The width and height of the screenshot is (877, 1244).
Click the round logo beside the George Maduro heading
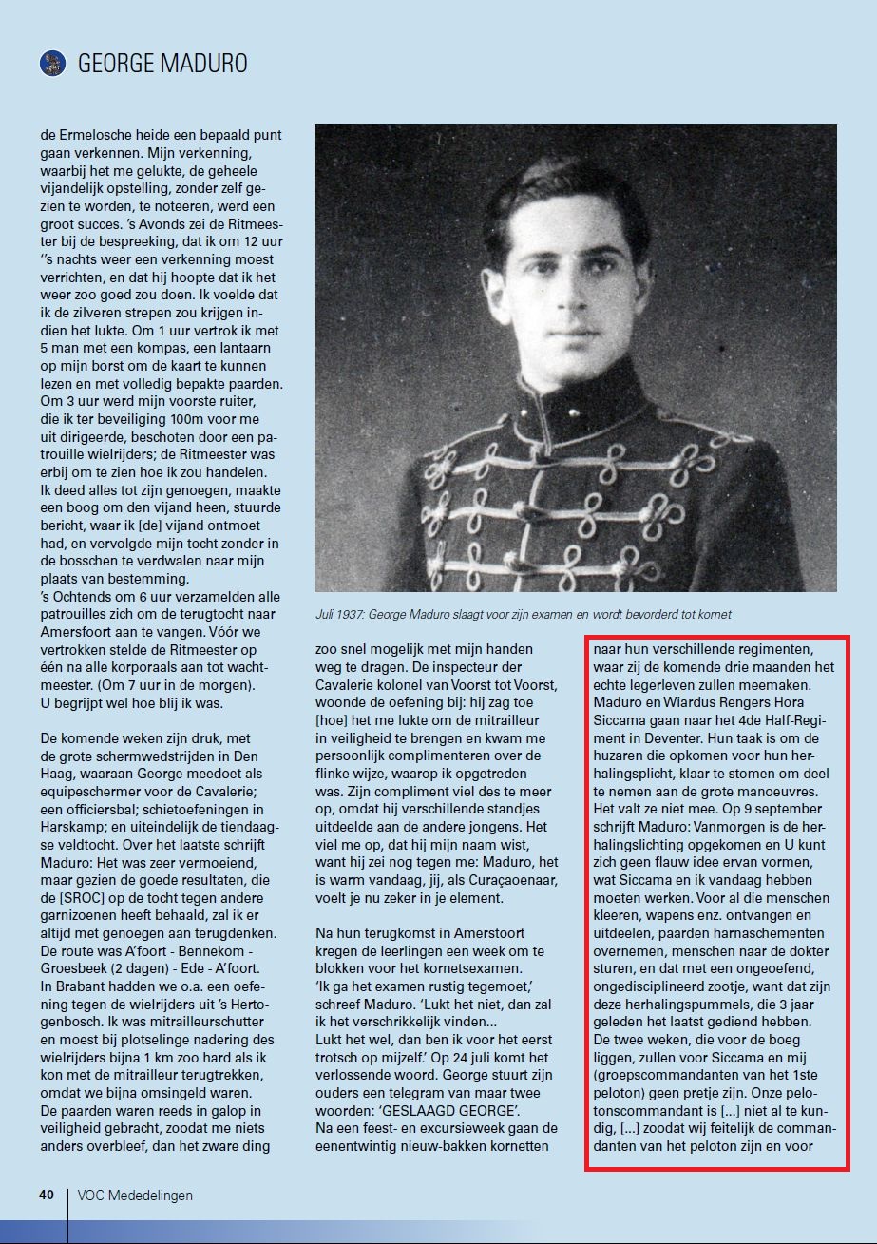tap(51, 64)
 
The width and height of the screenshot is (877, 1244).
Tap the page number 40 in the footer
tap(47, 1195)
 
